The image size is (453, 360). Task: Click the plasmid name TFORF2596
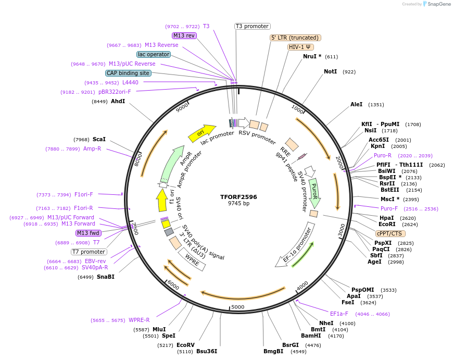tap(238, 197)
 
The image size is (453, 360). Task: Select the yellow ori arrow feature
tap(202, 133)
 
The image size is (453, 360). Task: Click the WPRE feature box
tap(192, 259)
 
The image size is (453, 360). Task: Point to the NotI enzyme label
tap(330, 71)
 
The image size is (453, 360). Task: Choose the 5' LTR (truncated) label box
tap(295, 38)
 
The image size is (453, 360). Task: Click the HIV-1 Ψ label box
tap(301, 47)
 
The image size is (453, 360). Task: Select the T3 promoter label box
tap(252, 26)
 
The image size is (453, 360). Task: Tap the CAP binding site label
tap(128, 73)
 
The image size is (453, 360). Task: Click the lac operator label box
tap(154, 54)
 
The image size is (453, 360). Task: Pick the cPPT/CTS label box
tap(389, 233)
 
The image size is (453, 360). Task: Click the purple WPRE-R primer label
tap(139, 320)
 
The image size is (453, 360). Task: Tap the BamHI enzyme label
tap(311, 336)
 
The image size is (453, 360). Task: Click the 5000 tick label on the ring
tap(237, 307)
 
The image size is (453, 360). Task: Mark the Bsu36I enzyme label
tap(207, 351)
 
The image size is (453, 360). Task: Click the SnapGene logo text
tap(437, 4)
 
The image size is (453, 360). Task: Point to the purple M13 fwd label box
tap(89, 233)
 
